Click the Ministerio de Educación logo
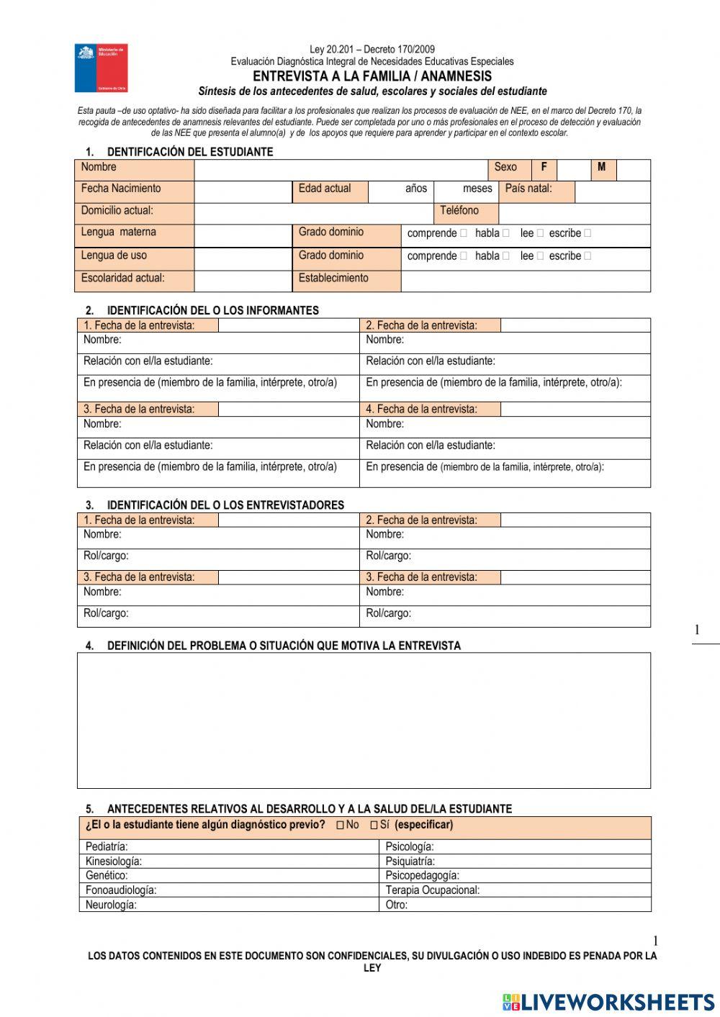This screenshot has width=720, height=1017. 101,68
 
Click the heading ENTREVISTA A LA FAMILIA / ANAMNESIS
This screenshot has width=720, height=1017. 372,76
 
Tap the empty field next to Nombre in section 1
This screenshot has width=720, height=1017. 341,169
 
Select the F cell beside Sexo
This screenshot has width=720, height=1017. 544,168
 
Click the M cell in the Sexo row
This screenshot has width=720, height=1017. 602,168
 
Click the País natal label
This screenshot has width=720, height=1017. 528,189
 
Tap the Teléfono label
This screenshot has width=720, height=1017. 459,211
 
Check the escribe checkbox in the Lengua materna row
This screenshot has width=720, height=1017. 588,233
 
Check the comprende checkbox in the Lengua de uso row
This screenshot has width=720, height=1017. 464,256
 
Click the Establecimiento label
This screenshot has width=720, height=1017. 333,279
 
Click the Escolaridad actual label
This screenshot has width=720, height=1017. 123,279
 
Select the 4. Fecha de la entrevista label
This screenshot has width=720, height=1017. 421,409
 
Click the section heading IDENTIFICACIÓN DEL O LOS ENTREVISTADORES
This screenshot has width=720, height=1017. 225,505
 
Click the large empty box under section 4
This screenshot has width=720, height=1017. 364,720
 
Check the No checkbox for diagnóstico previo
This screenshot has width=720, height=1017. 340,826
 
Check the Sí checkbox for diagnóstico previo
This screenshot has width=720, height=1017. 374,826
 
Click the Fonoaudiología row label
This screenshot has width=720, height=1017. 121,890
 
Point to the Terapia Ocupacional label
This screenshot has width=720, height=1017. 432,890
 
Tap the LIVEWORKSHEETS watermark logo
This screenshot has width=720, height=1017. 608,1002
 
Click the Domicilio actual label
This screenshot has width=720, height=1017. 117,211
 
